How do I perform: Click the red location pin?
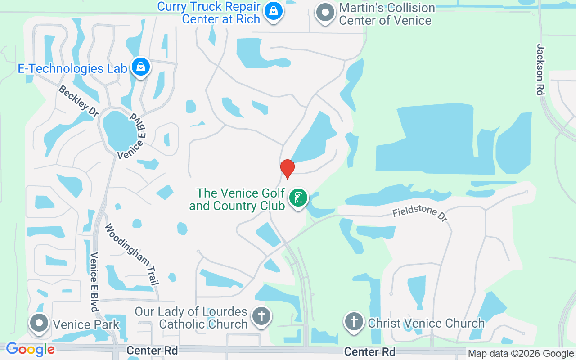click(287, 168)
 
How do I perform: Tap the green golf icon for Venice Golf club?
click(298, 198)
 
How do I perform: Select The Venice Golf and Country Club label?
click(241, 199)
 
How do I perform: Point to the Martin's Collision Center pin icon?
click(325, 13)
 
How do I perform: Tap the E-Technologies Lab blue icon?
click(141, 67)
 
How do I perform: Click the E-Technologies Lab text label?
click(72, 68)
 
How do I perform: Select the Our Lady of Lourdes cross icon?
click(261, 316)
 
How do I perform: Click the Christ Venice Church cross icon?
click(354, 321)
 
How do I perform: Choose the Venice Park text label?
click(86, 324)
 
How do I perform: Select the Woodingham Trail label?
click(132, 254)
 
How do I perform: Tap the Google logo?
click(30, 349)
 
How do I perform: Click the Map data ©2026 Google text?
click(521, 354)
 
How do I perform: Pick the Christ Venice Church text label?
click(426, 323)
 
